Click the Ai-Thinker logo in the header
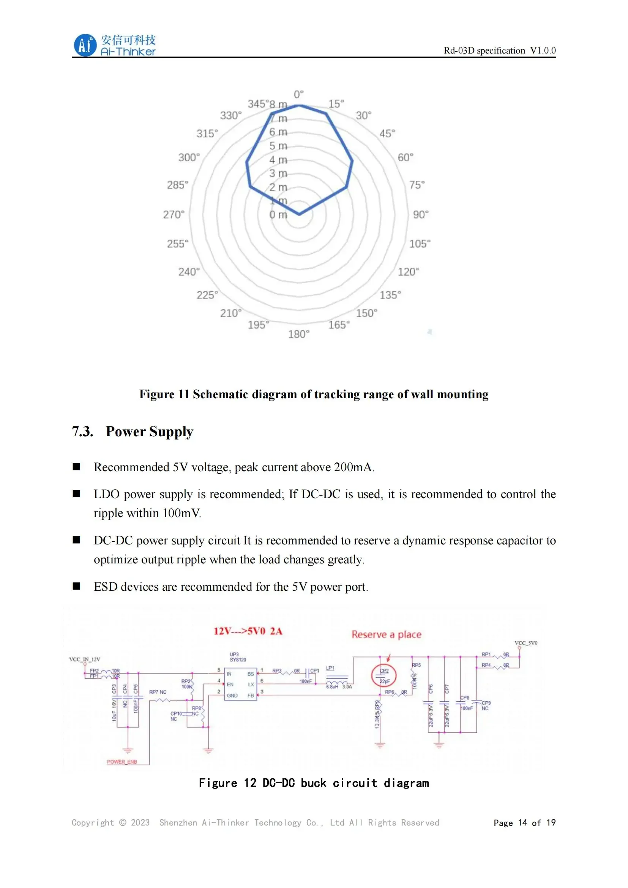click(114, 45)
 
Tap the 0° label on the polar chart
click(298, 95)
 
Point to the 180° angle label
click(298, 334)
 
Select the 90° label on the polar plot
click(421, 215)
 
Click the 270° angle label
click(174, 215)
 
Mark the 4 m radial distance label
click(278, 160)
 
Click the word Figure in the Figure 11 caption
click(156, 394)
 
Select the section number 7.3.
click(82, 432)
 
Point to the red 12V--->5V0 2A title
click(248, 632)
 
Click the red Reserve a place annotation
click(386, 635)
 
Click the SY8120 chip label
click(237, 660)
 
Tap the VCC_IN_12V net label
click(85, 659)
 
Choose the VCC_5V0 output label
click(525, 643)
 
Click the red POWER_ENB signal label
click(122, 762)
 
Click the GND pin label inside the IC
click(232, 696)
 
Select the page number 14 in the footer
click(522, 823)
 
